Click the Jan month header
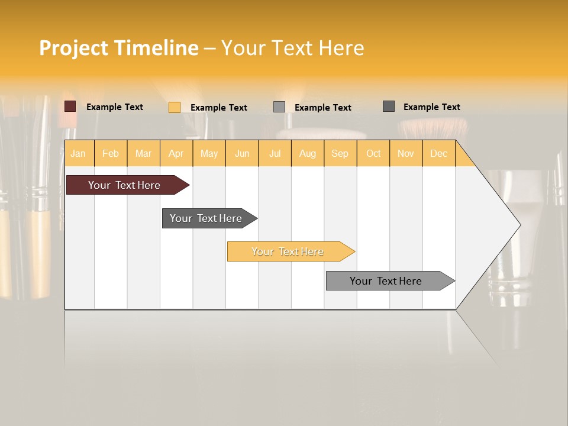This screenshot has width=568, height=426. (x=78, y=153)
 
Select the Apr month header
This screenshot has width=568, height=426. (x=176, y=153)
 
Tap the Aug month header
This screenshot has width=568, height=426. (x=307, y=153)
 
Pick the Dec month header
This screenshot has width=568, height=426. (x=438, y=153)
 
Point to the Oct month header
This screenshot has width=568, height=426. (x=373, y=153)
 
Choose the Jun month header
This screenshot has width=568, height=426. (x=242, y=153)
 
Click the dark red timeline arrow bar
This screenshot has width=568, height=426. (x=124, y=185)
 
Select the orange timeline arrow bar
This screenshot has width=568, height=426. (x=288, y=251)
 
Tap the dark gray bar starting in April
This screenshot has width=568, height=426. (x=206, y=218)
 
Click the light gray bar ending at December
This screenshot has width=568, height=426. (x=386, y=281)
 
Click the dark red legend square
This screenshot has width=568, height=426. (x=70, y=106)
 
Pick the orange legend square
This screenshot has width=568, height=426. (x=175, y=107)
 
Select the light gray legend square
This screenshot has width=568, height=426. (x=279, y=107)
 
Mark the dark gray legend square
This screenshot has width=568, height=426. (x=389, y=106)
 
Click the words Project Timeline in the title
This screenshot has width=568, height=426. (x=118, y=48)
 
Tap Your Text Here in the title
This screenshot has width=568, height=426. (x=292, y=48)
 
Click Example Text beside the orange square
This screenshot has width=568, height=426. (x=219, y=108)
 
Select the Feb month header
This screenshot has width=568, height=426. (x=111, y=153)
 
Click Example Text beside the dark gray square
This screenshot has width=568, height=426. (x=431, y=107)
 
